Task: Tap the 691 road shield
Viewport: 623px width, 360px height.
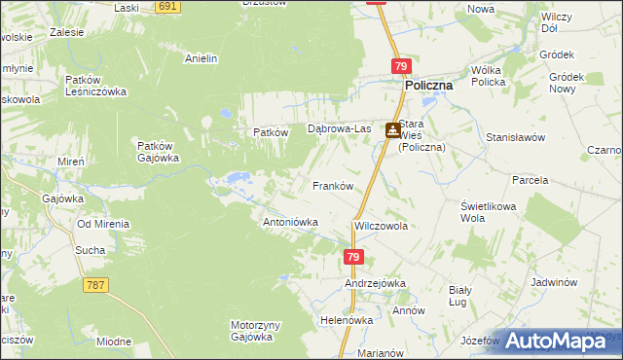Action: [x=168, y=6]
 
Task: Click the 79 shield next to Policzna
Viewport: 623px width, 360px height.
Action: [x=402, y=66]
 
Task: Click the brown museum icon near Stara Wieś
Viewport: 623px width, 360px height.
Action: [x=391, y=130]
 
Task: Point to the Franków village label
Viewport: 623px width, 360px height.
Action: [x=331, y=185]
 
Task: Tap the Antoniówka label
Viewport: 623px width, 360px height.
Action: [x=291, y=222]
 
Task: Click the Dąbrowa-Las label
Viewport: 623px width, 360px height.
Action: [x=340, y=128]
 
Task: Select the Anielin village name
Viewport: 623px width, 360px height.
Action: [x=201, y=58]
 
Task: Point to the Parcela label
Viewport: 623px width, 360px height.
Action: [x=531, y=180]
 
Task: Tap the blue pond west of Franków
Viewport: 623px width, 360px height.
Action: [x=237, y=179]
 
